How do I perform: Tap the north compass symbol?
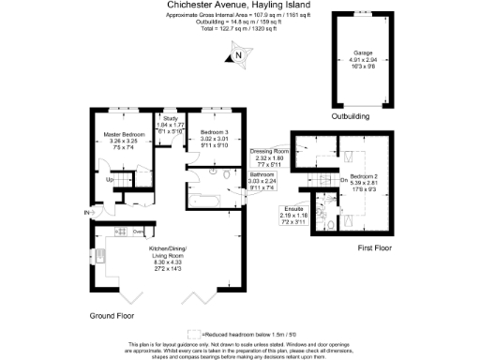[x=238, y=55]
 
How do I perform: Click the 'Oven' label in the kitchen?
[x=137, y=232]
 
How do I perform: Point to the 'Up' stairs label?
[x=109, y=179]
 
